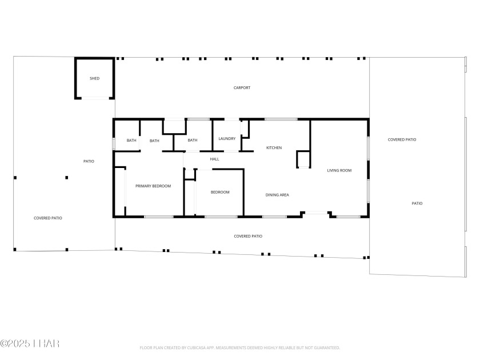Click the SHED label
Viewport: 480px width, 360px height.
pyautogui.click(x=95, y=78)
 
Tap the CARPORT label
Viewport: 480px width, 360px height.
pyautogui.click(x=242, y=88)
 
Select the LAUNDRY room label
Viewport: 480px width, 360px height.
pyautogui.click(x=227, y=139)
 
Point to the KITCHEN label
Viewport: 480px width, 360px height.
pyautogui.click(x=274, y=148)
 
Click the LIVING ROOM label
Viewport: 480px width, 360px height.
pyautogui.click(x=339, y=170)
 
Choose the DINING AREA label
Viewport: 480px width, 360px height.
pyautogui.click(x=277, y=195)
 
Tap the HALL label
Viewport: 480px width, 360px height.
pyautogui.click(x=215, y=159)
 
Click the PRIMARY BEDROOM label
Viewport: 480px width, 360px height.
pyautogui.click(x=153, y=186)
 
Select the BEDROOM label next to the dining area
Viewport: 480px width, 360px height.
pyautogui.click(x=220, y=192)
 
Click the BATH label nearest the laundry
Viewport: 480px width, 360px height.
pyautogui.click(x=192, y=140)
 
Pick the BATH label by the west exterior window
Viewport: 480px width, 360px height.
pyautogui.click(x=131, y=141)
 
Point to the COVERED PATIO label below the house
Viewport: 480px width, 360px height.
pyautogui.click(x=248, y=237)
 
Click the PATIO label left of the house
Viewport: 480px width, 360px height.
pyautogui.click(x=89, y=161)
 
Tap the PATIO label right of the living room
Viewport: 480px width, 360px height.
pyautogui.click(x=417, y=203)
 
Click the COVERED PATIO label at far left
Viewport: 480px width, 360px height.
pyautogui.click(x=48, y=218)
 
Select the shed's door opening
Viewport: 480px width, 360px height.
pyautogui.click(x=95, y=98)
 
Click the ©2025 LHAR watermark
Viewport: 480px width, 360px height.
pyautogui.click(x=30, y=343)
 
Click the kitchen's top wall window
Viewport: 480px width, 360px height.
pyautogui.click(x=281, y=119)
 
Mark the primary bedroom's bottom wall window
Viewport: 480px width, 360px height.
pyautogui.click(x=159, y=217)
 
